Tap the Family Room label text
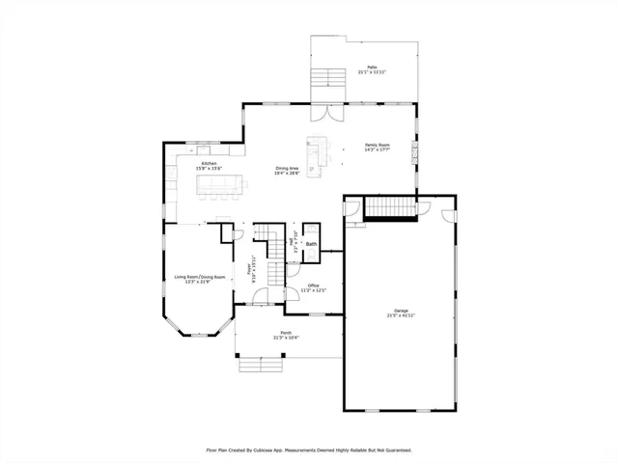pos(377,144)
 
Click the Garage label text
pos(401,310)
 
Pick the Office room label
pos(313,286)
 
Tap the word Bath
pos(312,245)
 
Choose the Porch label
pos(286,332)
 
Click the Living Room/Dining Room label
pos(200,277)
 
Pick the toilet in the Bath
pos(311,232)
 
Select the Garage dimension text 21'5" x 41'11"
pos(401,315)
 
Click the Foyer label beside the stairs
pos(253,271)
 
